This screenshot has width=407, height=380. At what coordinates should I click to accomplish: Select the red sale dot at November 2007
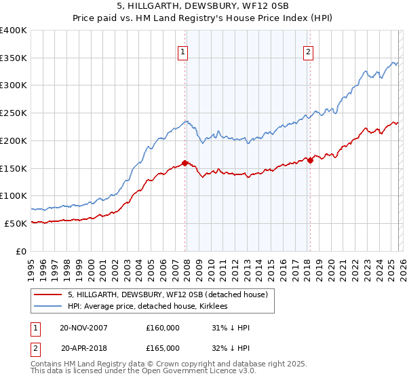tap(185, 163)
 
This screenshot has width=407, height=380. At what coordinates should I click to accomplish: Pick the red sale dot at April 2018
tap(310, 160)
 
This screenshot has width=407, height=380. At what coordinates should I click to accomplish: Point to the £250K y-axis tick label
tap(14, 113)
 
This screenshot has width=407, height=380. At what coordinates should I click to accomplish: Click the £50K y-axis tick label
tap(16, 223)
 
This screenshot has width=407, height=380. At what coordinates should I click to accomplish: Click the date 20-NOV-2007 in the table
tap(83, 328)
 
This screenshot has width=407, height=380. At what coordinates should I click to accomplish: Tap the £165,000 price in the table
tap(163, 348)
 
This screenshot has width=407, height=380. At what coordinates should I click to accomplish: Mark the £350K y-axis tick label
tap(14, 58)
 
